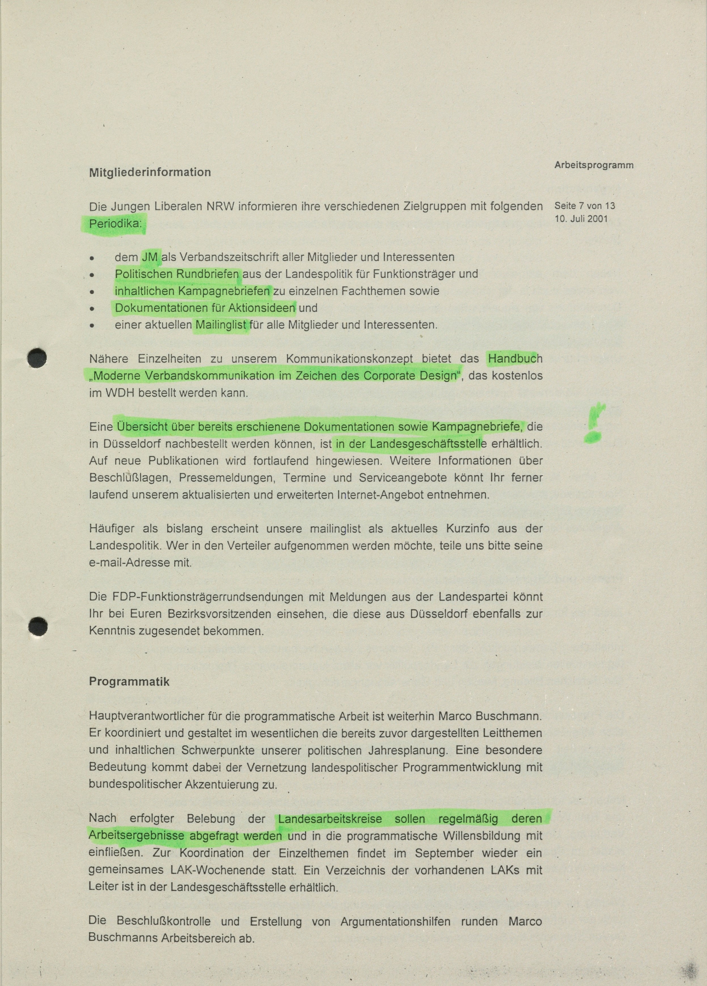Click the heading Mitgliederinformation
coord(150,172)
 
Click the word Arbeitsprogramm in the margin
coord(594,165)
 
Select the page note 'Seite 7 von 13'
coord(585,206)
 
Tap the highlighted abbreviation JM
coord(150,257)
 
